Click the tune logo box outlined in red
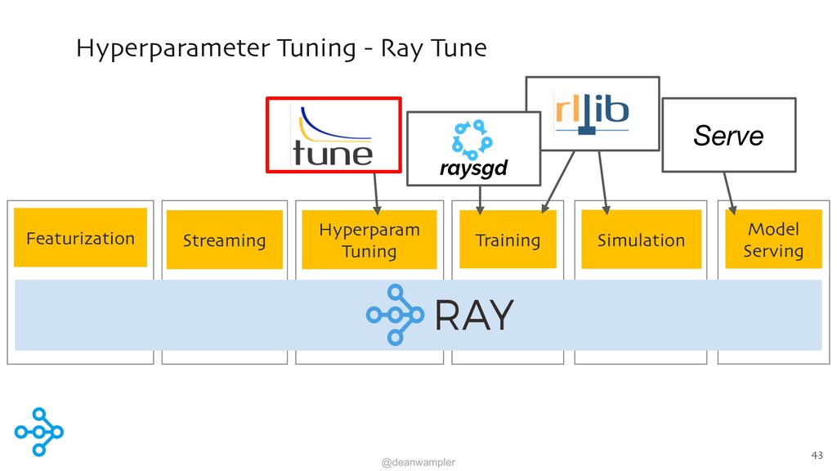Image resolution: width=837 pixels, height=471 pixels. click(x=333, y=135)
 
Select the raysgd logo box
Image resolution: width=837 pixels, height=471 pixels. click(x=474, y=149)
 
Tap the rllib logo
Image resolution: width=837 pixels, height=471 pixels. click(x=592, y=113)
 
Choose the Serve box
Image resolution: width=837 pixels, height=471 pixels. click(x=728, y=135)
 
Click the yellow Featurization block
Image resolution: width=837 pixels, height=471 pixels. click(x=80, y=238)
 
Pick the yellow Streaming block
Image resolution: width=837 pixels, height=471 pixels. click(x=224, y=240)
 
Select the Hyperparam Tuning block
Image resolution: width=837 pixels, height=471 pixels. click(x=369, y=240)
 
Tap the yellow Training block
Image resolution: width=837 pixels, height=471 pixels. click(x=508, y=240)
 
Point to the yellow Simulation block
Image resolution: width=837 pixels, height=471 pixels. click(x=641, y=240)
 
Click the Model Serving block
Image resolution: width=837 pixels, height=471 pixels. click(x=773, y=240)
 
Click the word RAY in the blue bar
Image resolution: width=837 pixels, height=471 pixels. click(x=474, y=315)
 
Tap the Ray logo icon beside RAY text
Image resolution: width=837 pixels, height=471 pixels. click(x=395, y=315)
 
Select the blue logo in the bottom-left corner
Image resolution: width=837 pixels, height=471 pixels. click(x=39, y=432)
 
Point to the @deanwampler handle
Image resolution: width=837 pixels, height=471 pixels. click(x=418, y=463)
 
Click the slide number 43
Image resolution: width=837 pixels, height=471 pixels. click(x=817, y=455)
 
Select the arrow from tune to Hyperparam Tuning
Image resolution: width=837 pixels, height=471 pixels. click(x=376, y=194)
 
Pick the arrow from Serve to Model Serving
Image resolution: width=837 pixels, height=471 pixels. click(x=730, y=193)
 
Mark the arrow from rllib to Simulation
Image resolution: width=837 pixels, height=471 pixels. click(x=603, y=182)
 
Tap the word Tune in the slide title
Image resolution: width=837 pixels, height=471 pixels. click(x=459, y=48)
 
